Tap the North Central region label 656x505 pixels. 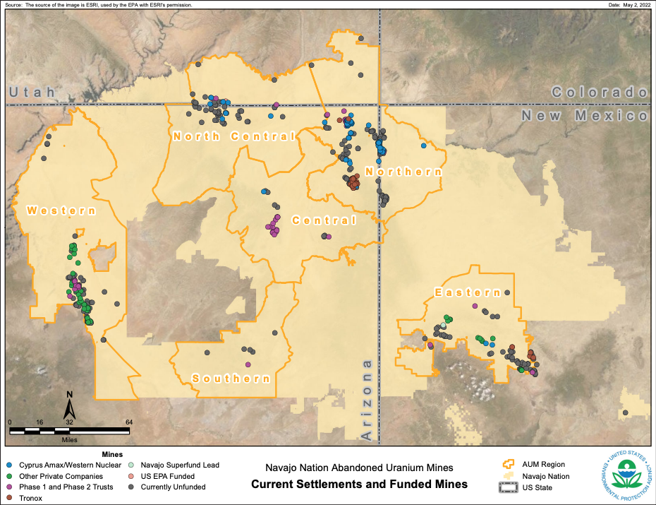pos(233,136)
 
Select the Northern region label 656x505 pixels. pos(403,172)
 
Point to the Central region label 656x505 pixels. pos(324,220)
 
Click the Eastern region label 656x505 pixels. pos(468,292)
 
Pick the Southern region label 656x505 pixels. pos(231,379)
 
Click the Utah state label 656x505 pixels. pos(32,93)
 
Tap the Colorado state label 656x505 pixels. pos(599,92)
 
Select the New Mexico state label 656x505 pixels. pos(584,115)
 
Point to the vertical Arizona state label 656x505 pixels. pos(367,400)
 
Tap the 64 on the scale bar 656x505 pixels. pos(128,422)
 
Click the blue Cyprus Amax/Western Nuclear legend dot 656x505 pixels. pos(9,465)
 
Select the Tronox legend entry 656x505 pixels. pos(31,498)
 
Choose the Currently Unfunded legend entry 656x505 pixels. pos(173,487)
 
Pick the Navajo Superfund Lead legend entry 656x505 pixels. pos(180,465)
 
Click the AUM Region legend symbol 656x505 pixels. pos(506,464)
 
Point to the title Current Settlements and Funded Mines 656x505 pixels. pos(359,485)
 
